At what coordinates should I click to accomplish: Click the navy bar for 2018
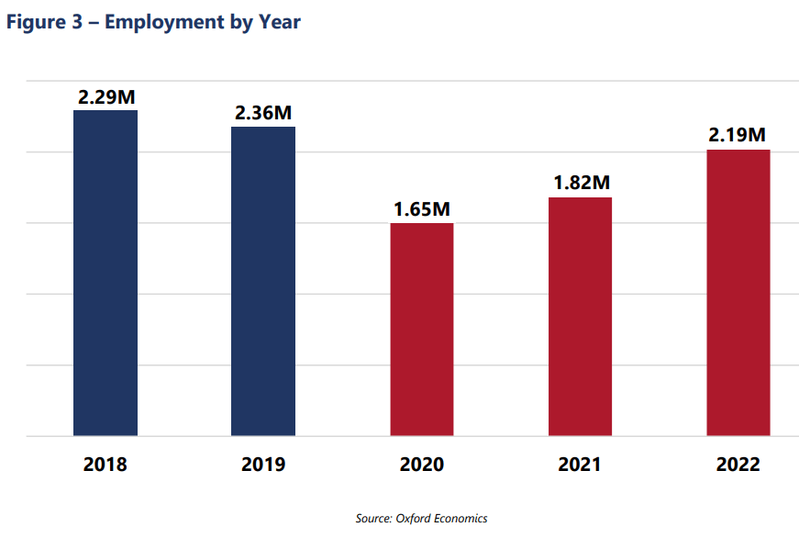[x=105, y=273]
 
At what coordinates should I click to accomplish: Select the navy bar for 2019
[x=263, y=281]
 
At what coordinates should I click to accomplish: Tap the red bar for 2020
[x=422, y=329]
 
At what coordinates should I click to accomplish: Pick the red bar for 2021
[x=580, y=316]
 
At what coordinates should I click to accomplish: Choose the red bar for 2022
[x=738, y=292]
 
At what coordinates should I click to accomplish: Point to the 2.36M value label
[x=263, y=113]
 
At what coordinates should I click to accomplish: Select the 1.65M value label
[x=422, y=209]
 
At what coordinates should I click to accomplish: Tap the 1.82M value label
[x=581, y=183]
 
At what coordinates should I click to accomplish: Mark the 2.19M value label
[x=738, y=135]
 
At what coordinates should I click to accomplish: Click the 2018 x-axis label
[x=105, y=465]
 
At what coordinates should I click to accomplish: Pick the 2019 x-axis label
[x=263, y=465]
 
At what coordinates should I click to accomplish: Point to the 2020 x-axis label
[x=422, y=465]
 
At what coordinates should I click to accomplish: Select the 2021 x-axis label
[x=580, y=465]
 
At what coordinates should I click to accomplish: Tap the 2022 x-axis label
[x=738, y=465]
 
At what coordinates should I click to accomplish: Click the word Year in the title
[x=278, y=22]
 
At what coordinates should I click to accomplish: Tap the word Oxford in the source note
[x=415, y=519]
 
